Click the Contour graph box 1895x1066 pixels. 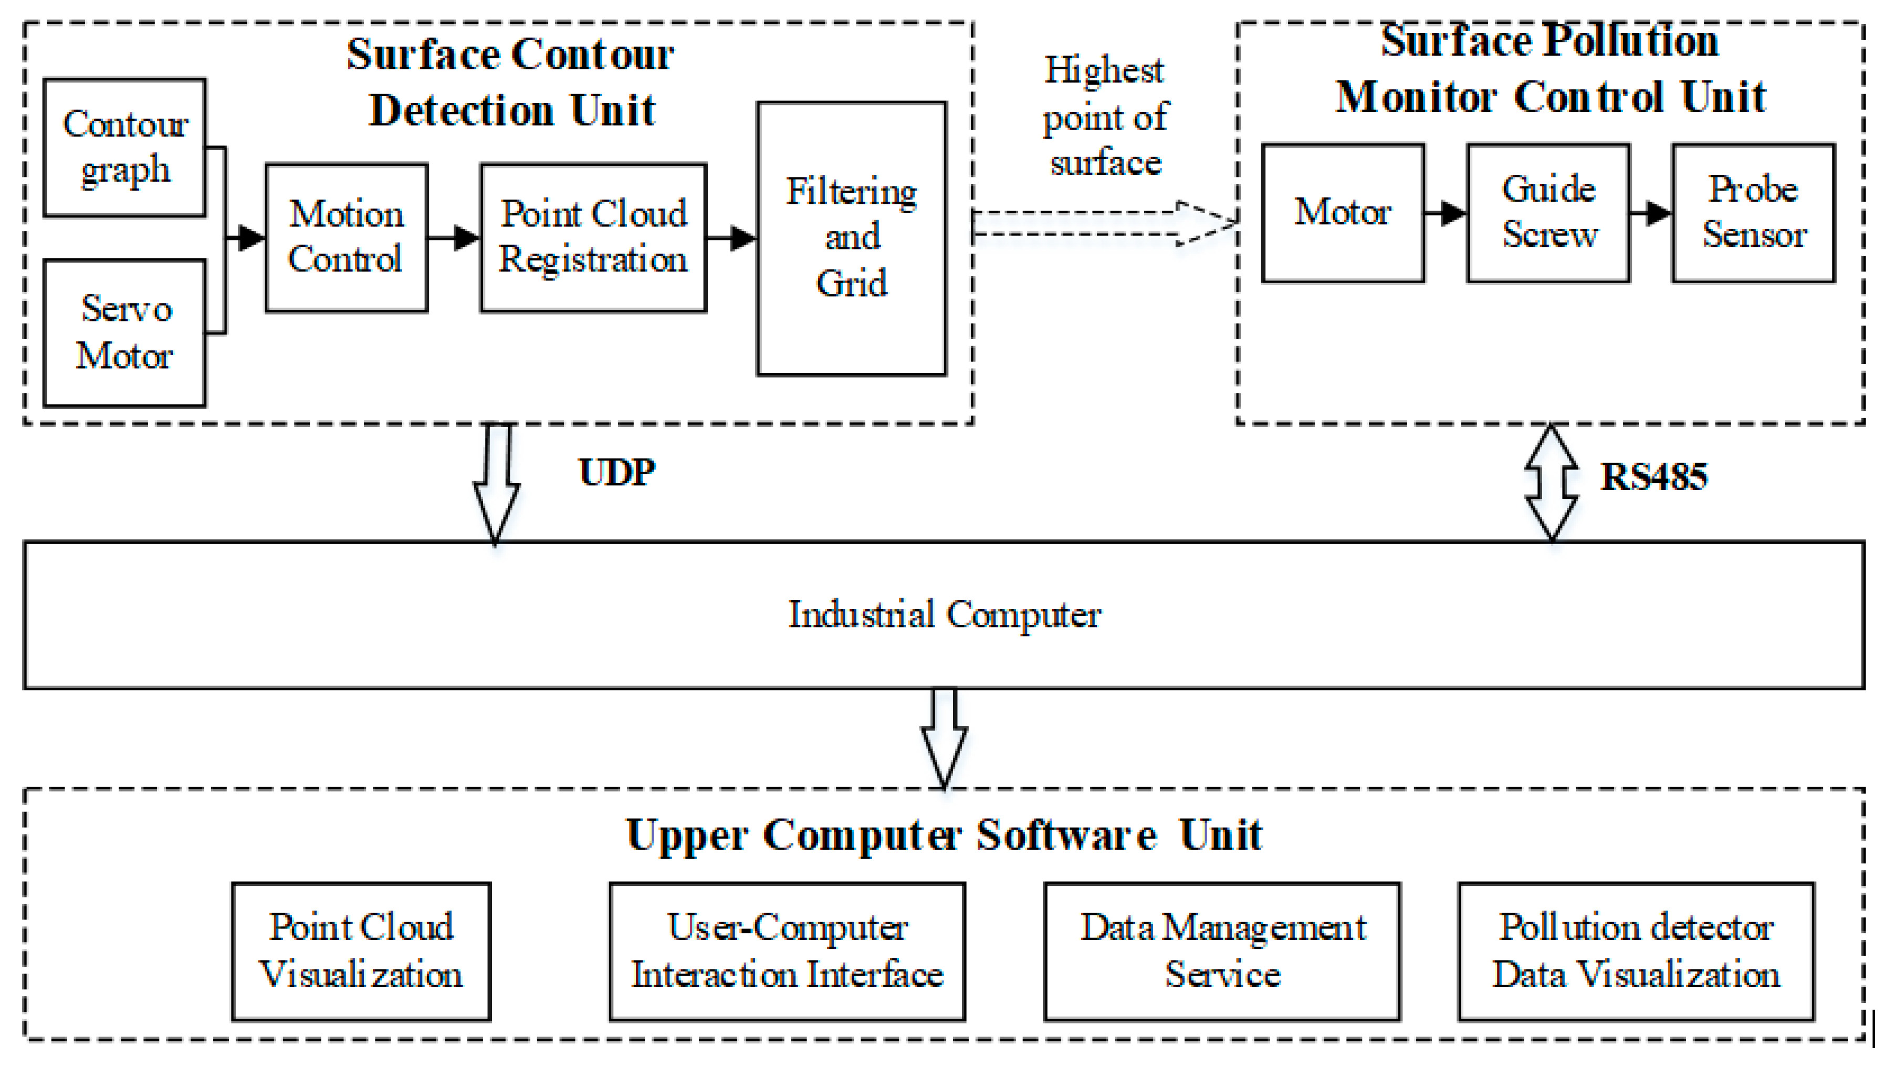click(x=124, y=148)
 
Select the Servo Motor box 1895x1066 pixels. click(x=124, y=332)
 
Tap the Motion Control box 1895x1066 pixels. click(x=347, y=238)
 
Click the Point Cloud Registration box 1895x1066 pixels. click(x=593, y=238)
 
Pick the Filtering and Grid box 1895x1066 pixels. click(x=851, y=238)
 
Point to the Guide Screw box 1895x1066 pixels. click(x=1548, y=213)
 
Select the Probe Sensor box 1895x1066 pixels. click(x=1753, y=213)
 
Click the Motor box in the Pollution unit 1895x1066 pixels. click(x=1343, y=213)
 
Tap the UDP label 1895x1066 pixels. click(x=616, y=472)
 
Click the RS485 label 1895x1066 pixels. click(x=1653, y=477)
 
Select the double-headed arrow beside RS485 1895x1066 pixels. click(x=1551, y=483)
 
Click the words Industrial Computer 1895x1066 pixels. click(x=944, y=614)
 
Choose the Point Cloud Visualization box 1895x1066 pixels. click(x=361, y=951)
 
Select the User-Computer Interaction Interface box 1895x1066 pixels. click(x=787, y=951)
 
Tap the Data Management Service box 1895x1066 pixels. click(x=1222, y=951)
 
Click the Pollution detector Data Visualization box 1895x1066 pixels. click(x=1636, y=951)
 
